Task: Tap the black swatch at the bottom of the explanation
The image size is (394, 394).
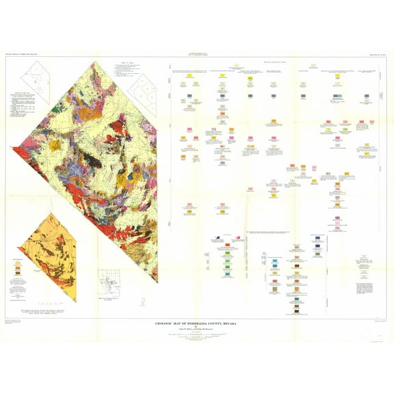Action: tap(297, 311)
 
